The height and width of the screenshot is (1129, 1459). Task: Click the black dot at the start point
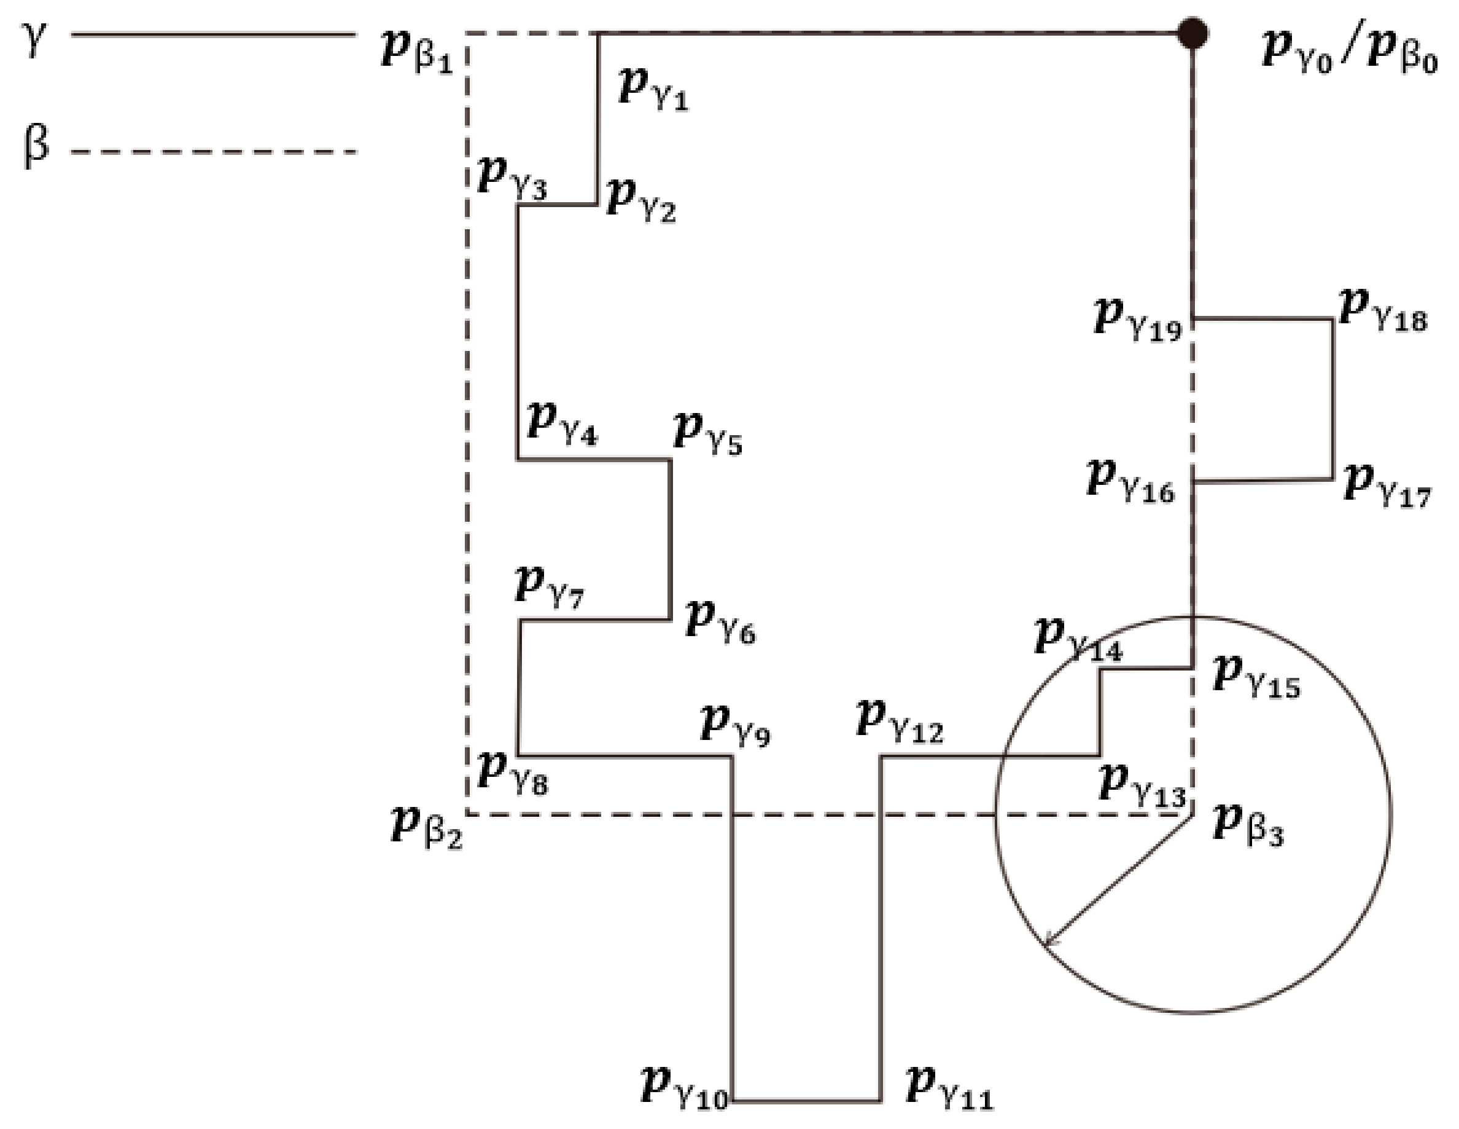coord(1192,33)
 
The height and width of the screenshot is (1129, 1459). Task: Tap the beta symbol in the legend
coord(36,146)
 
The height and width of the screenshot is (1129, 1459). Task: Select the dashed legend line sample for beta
coord(214,152)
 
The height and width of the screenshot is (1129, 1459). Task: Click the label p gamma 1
coord(653,89)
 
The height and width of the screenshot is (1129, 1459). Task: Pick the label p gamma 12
coord(899,722)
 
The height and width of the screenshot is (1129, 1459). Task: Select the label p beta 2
coord(426,827)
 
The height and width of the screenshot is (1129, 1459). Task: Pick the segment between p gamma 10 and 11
coord(806,1100)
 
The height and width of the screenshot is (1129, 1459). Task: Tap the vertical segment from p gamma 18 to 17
coord(1333,399)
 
